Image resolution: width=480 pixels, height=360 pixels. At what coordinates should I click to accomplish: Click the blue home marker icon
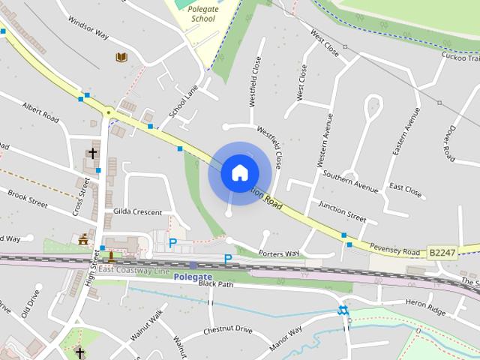click(239, 172)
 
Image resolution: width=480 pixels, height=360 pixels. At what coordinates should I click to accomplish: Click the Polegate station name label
click(193, 276)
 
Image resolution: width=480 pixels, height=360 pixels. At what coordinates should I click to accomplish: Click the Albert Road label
click(40, 112)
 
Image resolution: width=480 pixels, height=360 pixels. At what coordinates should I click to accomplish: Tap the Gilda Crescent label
click(137, 212)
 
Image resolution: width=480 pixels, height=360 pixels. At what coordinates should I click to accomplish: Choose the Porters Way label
click(279, 253)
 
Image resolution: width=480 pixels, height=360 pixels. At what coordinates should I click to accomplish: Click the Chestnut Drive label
click(228, 330)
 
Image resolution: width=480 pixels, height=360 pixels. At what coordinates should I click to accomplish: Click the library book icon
click(121, 57)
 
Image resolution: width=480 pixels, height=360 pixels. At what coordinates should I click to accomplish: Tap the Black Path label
click(216, 284)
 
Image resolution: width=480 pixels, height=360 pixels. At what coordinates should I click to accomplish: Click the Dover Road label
click(448, 142)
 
